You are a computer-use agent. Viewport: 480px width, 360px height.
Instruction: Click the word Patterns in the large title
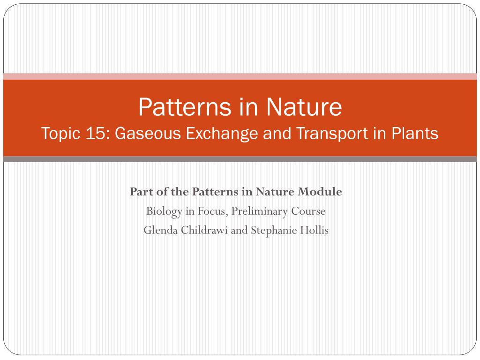point(185,107)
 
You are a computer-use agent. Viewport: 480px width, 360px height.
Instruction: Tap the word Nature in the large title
point(304,107)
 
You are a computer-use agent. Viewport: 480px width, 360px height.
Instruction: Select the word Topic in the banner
point(61,134)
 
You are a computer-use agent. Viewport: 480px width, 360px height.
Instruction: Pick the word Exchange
point(222,134)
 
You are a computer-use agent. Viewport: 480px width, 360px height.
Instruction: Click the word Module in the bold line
point(320,192)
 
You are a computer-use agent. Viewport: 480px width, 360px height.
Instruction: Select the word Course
point(308,211)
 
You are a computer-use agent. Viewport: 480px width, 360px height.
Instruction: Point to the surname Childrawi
point(204,230)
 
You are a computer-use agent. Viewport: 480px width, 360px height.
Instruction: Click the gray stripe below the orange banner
point(240,159)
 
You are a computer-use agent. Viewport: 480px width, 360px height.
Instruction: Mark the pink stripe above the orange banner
point(240,76)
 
